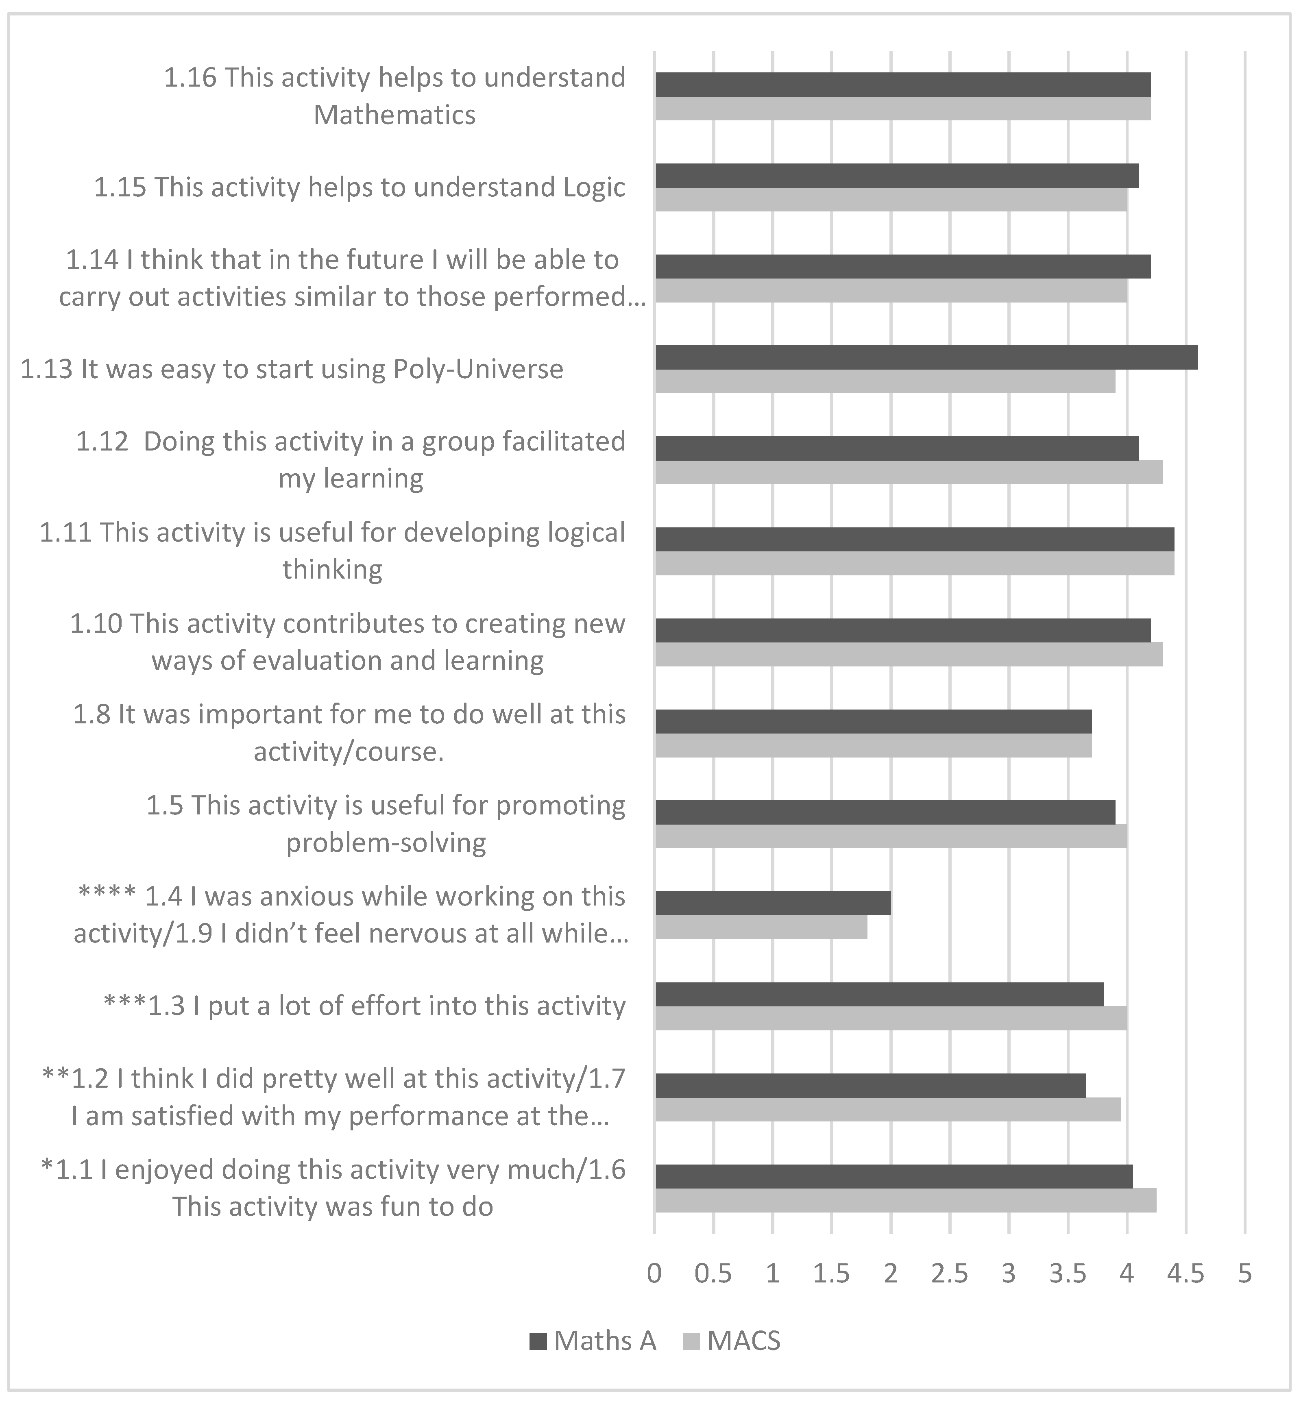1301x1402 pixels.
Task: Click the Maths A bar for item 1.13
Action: [926, 357]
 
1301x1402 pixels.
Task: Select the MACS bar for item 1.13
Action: [885, 381]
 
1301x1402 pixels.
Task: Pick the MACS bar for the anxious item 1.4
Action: [761, 927]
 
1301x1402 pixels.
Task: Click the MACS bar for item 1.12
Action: [908, 472]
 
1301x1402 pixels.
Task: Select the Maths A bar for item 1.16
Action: [902, 85]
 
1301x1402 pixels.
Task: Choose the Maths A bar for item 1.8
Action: [873, 721]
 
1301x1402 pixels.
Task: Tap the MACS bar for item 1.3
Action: [891, 1019]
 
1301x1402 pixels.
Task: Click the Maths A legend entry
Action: [593, 1341]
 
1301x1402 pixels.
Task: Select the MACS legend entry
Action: [732, 1341]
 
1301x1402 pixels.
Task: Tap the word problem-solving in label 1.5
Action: [386, 843]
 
